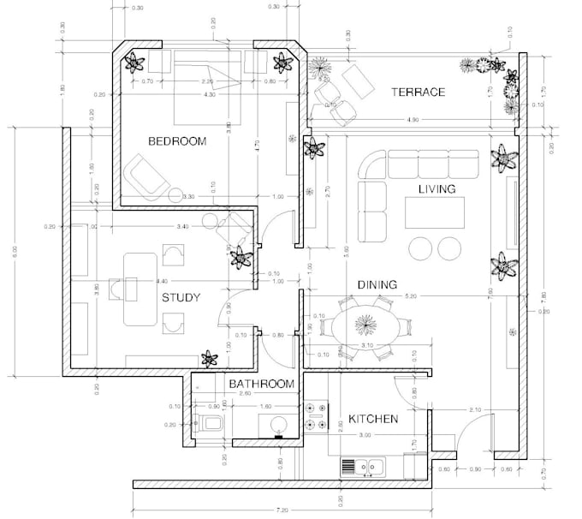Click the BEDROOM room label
(x=177, y=141)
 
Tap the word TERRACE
(x=418, y=92)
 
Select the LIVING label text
(x=436, y=188)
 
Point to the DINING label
(x=377, y=285)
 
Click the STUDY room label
(x=181, y=298)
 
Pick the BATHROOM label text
(x=261, y=385)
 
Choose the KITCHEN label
(x=372, y=420)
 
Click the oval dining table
(x=366, y=326)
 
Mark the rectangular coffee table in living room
(x=435, y=211)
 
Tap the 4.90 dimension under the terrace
(x=413, y=118)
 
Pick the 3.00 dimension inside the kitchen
(x=364, y=436)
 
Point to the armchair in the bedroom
(x=146, y=175)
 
